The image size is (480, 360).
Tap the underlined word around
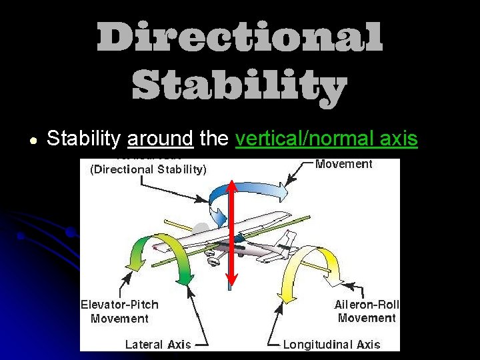click(x=160, y=139)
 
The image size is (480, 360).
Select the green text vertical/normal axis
click(x=327, y=139)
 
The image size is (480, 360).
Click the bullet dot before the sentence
click(x=32, y=140)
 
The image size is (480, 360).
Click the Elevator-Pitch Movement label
click(x=120, y=311)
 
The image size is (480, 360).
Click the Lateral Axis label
click(x=158, y=345)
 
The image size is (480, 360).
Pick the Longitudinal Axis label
click(x=332, y=345)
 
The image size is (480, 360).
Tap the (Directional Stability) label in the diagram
click(x=148, y=169)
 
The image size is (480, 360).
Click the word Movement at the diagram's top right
click(x=344, y=164)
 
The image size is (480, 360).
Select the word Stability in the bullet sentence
click(x=84, y=139)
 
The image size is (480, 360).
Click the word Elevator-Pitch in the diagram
click(x=120, y=305)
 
